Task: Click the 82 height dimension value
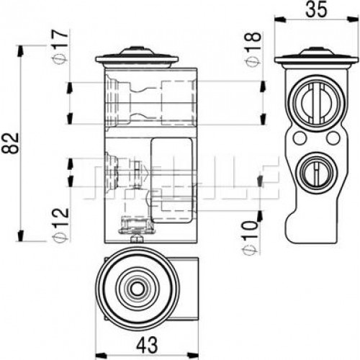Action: [x=11, y=143]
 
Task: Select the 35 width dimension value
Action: [x=317, y=9]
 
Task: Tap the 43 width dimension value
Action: [x=148, y=345]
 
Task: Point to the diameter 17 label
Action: [x=60, y=48]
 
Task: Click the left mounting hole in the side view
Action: [x=300, y=138]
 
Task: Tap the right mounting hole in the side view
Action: [x=333, y=138]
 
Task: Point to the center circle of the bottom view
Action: [x=136, y=288]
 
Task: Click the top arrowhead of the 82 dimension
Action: [x=21, y=51]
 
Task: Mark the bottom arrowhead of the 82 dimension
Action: [x=21, y=235]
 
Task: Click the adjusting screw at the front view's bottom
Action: [x=137, y=239]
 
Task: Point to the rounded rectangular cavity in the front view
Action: [x=171, y=180]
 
